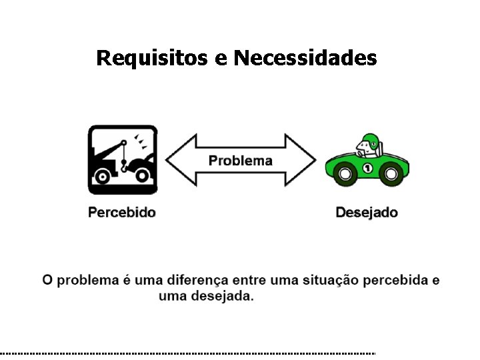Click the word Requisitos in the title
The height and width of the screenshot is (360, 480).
(153, 58)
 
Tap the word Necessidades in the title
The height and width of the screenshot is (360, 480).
(305, 58)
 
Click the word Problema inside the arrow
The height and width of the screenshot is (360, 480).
(241, 161)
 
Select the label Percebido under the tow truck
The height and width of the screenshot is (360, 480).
(123, 213)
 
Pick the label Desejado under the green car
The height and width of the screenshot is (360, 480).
(367, 213)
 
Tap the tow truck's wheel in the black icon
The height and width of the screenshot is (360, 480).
(102, 177)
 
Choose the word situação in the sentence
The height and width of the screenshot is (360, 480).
(325, 281)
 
